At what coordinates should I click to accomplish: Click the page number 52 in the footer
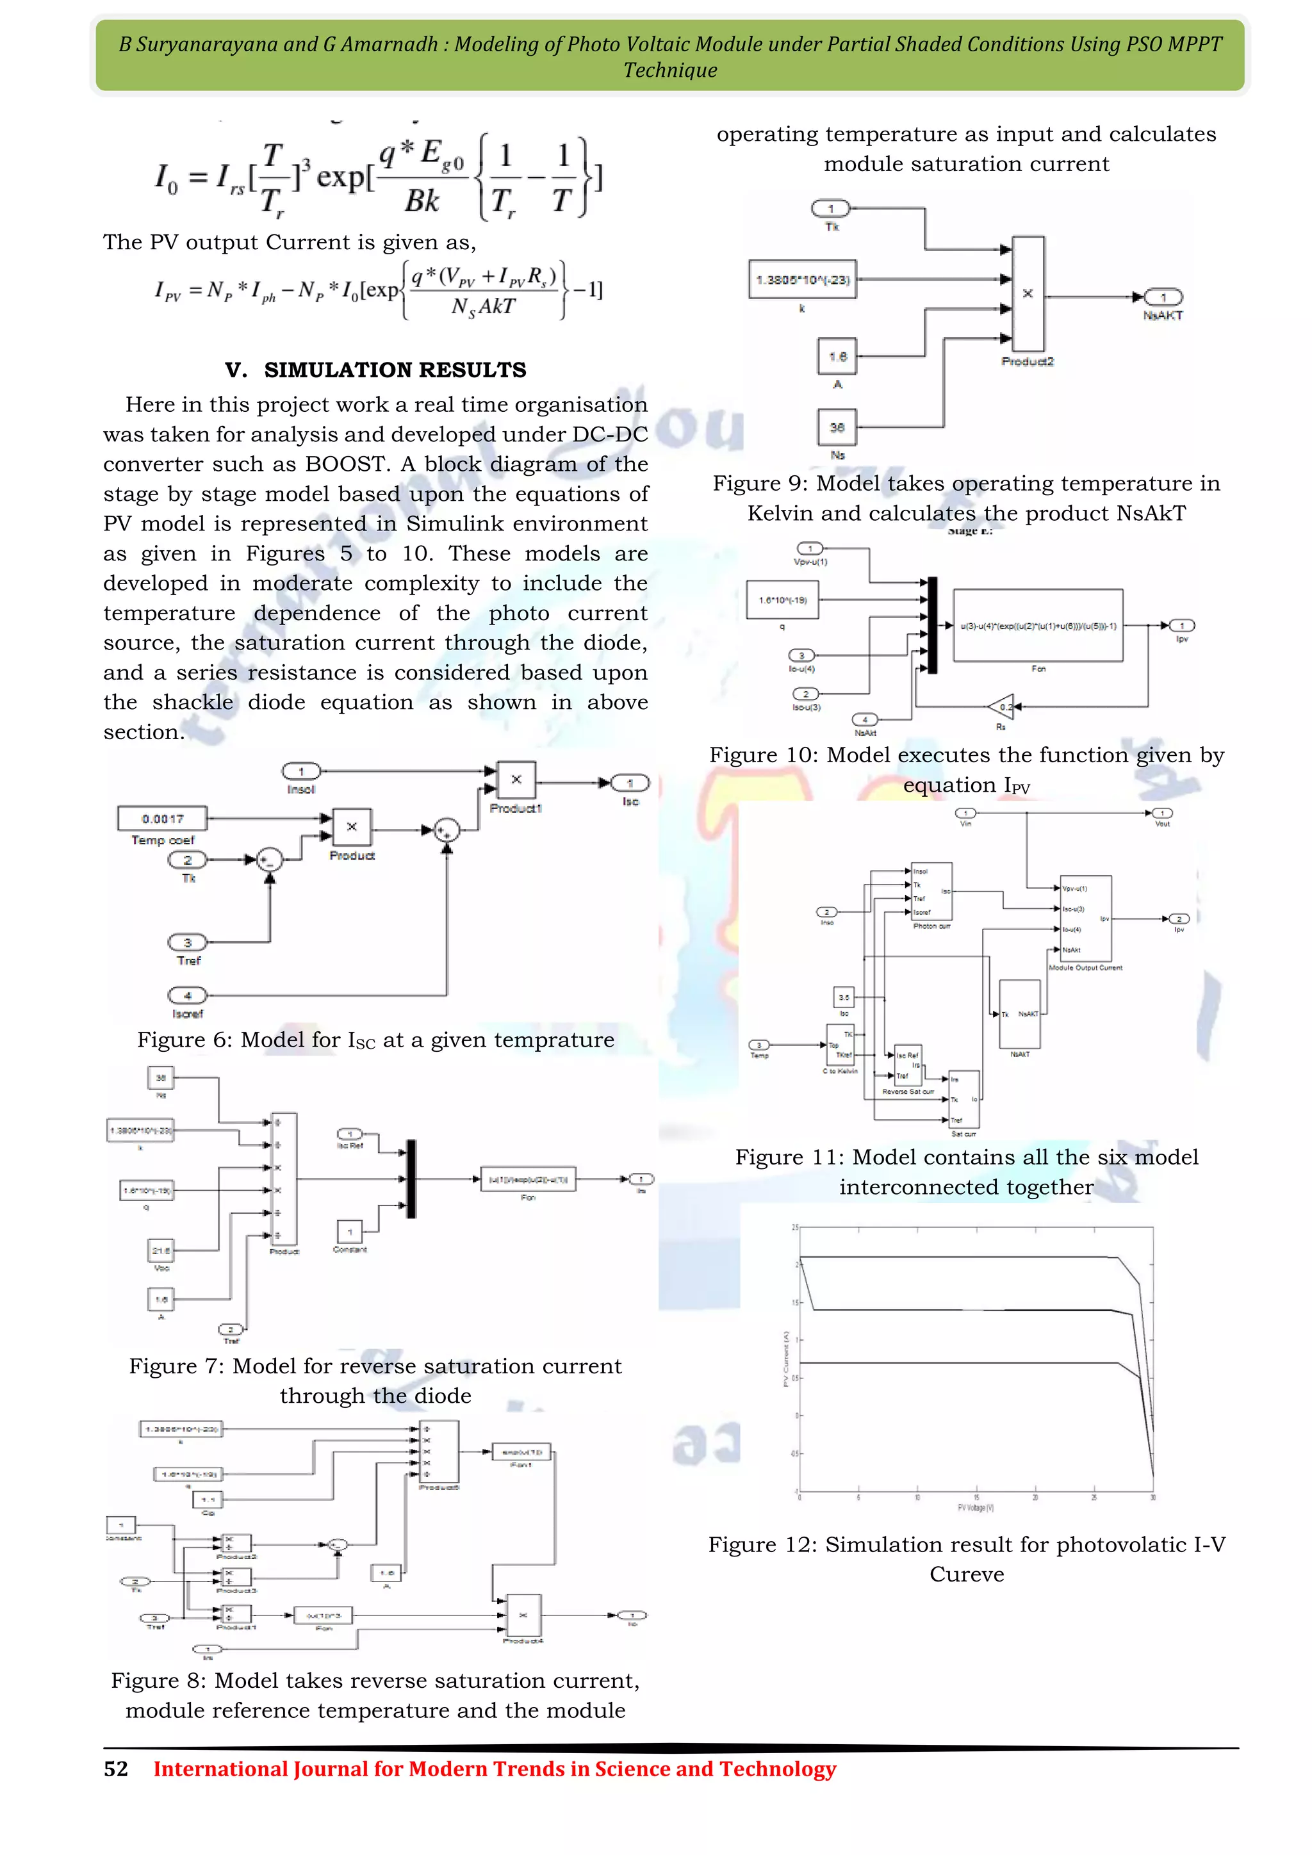pyautogui.click(x=115, y=1769)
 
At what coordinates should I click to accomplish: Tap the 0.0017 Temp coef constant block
pyautogui.click(x=162, y=819)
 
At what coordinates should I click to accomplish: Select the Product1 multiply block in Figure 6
pyautogui.click(x=516, y=780)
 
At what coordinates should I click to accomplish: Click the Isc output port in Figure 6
pyautogui.click(x=630, y=783)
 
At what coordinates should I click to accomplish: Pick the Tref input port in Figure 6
pyautogui.click(x=188, y=943)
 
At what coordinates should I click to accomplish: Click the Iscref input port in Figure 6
pyautogui.click(x=188, y=995)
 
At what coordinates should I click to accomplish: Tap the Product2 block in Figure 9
pyautogui.click(x=1028, y=293)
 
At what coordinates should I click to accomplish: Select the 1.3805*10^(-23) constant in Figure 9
pyautogui.click(x=802, y=279)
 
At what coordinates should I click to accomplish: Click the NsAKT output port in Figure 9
pyautogui.click(x=1163, y=297)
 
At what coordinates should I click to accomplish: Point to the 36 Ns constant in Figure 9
pyautogui.click(x=837, y=427)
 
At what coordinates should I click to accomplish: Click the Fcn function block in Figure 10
pyautogui.click(x=1038, y=625)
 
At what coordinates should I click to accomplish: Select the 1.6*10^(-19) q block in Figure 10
pyautogui.click(x=782, y=600)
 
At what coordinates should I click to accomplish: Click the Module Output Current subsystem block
pyautogui.click(x=1085, y=919)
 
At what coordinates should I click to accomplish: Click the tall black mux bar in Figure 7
pyautogui.click(x=411, y=1179)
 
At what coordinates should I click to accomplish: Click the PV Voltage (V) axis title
pyautogui.click(x=975, y=1508)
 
